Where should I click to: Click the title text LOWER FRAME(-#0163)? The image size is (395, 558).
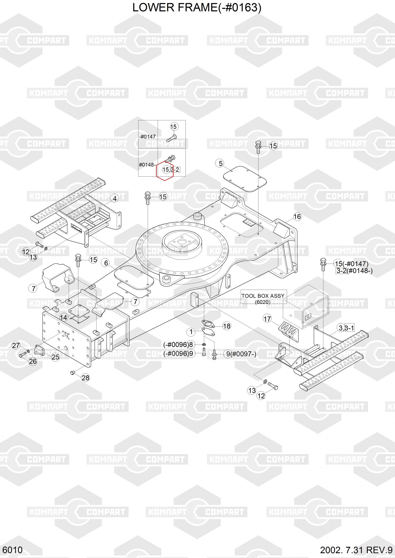tap(197, 8)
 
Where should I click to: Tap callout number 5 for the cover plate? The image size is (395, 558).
tap(221, 163)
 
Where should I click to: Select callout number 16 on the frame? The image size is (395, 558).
tap(297, 217)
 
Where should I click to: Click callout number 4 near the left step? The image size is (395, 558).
tap(114, 198)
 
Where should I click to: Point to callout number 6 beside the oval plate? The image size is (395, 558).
tap(106, 263)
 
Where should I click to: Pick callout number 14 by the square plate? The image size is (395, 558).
tap(64, 318)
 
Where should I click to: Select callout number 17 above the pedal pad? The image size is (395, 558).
tap(267, 319)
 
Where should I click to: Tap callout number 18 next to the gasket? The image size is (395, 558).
tap(227, 326)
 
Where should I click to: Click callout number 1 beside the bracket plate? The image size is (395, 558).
tap(191, 332)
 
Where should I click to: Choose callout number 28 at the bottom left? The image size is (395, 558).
tap(85, 378)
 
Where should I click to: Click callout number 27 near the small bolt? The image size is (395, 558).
tap(16, 345)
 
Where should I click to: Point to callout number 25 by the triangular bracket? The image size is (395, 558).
tap(56, 357)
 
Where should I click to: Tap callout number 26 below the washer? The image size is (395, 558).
tap(33, 361)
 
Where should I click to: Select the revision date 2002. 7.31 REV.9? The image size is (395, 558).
tap(356, 550)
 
